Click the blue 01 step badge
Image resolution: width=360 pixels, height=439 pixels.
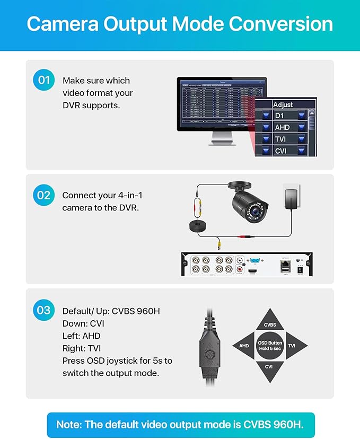43,81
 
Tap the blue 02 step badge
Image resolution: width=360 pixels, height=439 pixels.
43,195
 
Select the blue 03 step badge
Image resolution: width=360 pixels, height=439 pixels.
43,310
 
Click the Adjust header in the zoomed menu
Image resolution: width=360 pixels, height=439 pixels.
283,104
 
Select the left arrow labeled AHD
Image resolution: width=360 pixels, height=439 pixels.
244,346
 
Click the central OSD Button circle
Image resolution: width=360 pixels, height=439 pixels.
270,346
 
